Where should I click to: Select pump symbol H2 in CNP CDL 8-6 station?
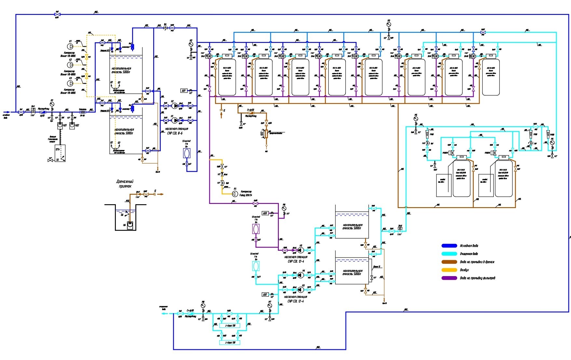[175, 106]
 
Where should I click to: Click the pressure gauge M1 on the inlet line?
[52, 104]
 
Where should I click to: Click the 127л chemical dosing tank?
[60, 153]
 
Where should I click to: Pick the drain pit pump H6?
[130, 224]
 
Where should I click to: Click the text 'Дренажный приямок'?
[125, 184]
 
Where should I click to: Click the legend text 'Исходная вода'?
[469, 246]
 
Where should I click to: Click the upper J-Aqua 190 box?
[230, 326]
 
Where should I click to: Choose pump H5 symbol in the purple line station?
[301, 250]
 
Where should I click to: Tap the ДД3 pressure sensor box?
[266, 213]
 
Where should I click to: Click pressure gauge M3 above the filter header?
[388, 24]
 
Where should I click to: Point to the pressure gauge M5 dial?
[415, 119]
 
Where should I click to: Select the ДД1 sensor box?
[184, 91]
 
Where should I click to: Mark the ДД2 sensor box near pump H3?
[265, 295]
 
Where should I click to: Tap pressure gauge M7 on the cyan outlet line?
[269, 306]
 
